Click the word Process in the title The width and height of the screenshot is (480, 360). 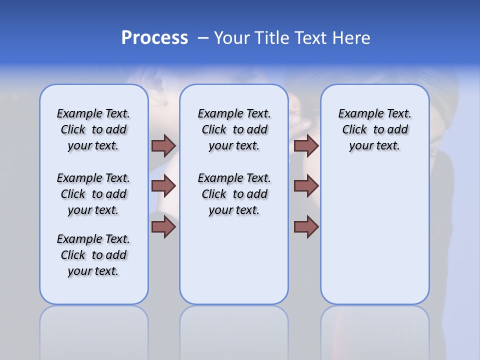tap(154, 38)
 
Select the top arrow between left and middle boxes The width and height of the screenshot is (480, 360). tap(163, 145)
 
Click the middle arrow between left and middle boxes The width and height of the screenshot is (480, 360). tap(163, 186)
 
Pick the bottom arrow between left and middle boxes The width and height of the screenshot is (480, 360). tap(163, 226)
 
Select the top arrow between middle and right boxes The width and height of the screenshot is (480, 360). tap(306, 145)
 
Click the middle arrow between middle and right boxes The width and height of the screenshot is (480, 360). tap(306, 186)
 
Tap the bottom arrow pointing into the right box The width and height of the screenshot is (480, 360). tap(306, 226)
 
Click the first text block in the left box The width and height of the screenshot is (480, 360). tap(93, 129)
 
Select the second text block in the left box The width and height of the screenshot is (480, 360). tap(93, 194)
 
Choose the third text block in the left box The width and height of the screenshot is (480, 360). tap(93, 255)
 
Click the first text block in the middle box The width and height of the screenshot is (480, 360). tap(234, 129)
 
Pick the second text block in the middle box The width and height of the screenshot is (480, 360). tap(234, 194)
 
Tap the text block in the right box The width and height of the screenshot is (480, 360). tap(374, 129)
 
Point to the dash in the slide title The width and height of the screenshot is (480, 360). tap(203, 38)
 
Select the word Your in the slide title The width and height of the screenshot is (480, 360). tap(232, 38)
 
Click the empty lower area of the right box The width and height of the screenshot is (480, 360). tap(374, 240)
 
